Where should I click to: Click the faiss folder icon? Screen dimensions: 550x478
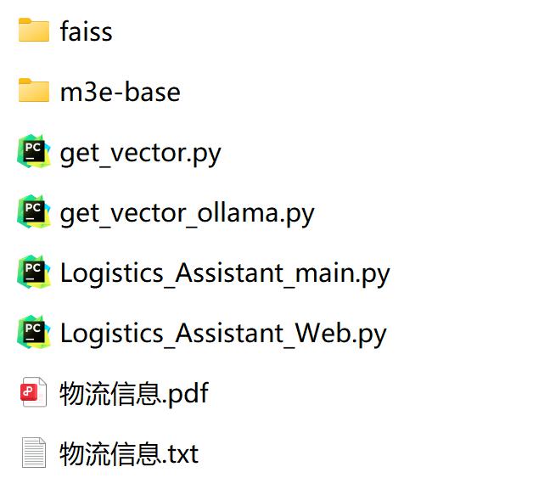[x=34, y=31]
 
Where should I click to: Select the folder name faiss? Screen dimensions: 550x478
[x=86, y=31]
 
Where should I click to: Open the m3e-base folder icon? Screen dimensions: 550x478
[x=34, y=91]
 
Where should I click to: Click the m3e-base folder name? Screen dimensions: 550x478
[x=121, y=92]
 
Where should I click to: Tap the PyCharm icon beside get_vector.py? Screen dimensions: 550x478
[x=34, y=151]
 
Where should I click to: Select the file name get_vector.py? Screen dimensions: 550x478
[x=140, y=154]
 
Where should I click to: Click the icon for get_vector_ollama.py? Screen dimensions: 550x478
[x=34, y=211]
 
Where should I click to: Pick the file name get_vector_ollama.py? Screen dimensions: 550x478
[x=187, y=214]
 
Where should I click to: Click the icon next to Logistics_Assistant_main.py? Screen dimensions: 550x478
[x=34, y=272]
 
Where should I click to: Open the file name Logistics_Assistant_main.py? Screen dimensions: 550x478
[x=225, y=273]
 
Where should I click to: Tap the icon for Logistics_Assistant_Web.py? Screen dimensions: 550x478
[x=34, y=332]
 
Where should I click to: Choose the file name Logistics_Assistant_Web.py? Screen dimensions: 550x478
[x=223, y=335]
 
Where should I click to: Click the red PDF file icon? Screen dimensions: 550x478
[x=33, y=392]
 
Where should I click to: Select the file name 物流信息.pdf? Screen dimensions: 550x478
[x=134, y=394]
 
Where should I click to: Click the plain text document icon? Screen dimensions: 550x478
[x=34, y=453]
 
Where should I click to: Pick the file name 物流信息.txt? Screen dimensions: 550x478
[x=129, y=453]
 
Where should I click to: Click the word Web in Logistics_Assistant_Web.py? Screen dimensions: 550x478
[x=322, y=333]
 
